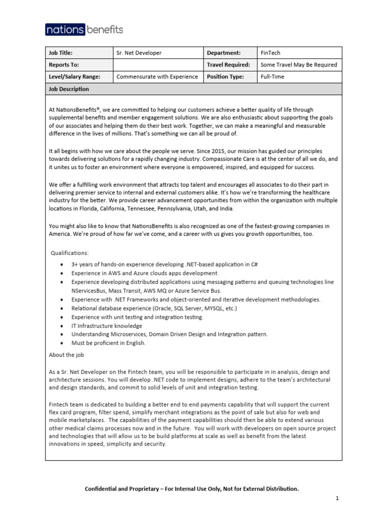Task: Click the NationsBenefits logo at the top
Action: click(x=84, y=29)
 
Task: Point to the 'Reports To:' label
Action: click(x=63, y=64)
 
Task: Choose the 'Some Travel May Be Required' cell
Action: click(x=298, y=64)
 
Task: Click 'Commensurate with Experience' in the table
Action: click(x=157, y=76)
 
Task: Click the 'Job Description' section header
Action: click(x=68, y=89)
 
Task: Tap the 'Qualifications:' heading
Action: click(x=70, y=253)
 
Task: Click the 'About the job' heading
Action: click(x=66, y=355)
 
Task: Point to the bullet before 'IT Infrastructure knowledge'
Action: click(x=61, y=325)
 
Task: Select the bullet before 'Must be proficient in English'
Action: click(x=61, y=343)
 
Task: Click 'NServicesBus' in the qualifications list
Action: click(x=89, y=290)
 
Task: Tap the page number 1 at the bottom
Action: click(x=337, y=498)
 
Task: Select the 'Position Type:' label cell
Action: click(x=225, y=76)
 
